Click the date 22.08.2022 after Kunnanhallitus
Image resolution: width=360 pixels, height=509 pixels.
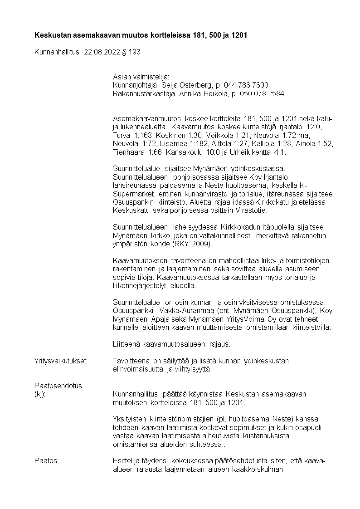pyautogui.click(x=102, y=52)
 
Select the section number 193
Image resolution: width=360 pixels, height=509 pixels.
pyautogui.click(x=135, y=52)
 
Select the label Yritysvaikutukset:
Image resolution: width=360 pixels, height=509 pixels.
pyautogui.click(x=61, y=361)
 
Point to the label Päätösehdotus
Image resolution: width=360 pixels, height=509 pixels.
pyautogui.click(x=58, y=386)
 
